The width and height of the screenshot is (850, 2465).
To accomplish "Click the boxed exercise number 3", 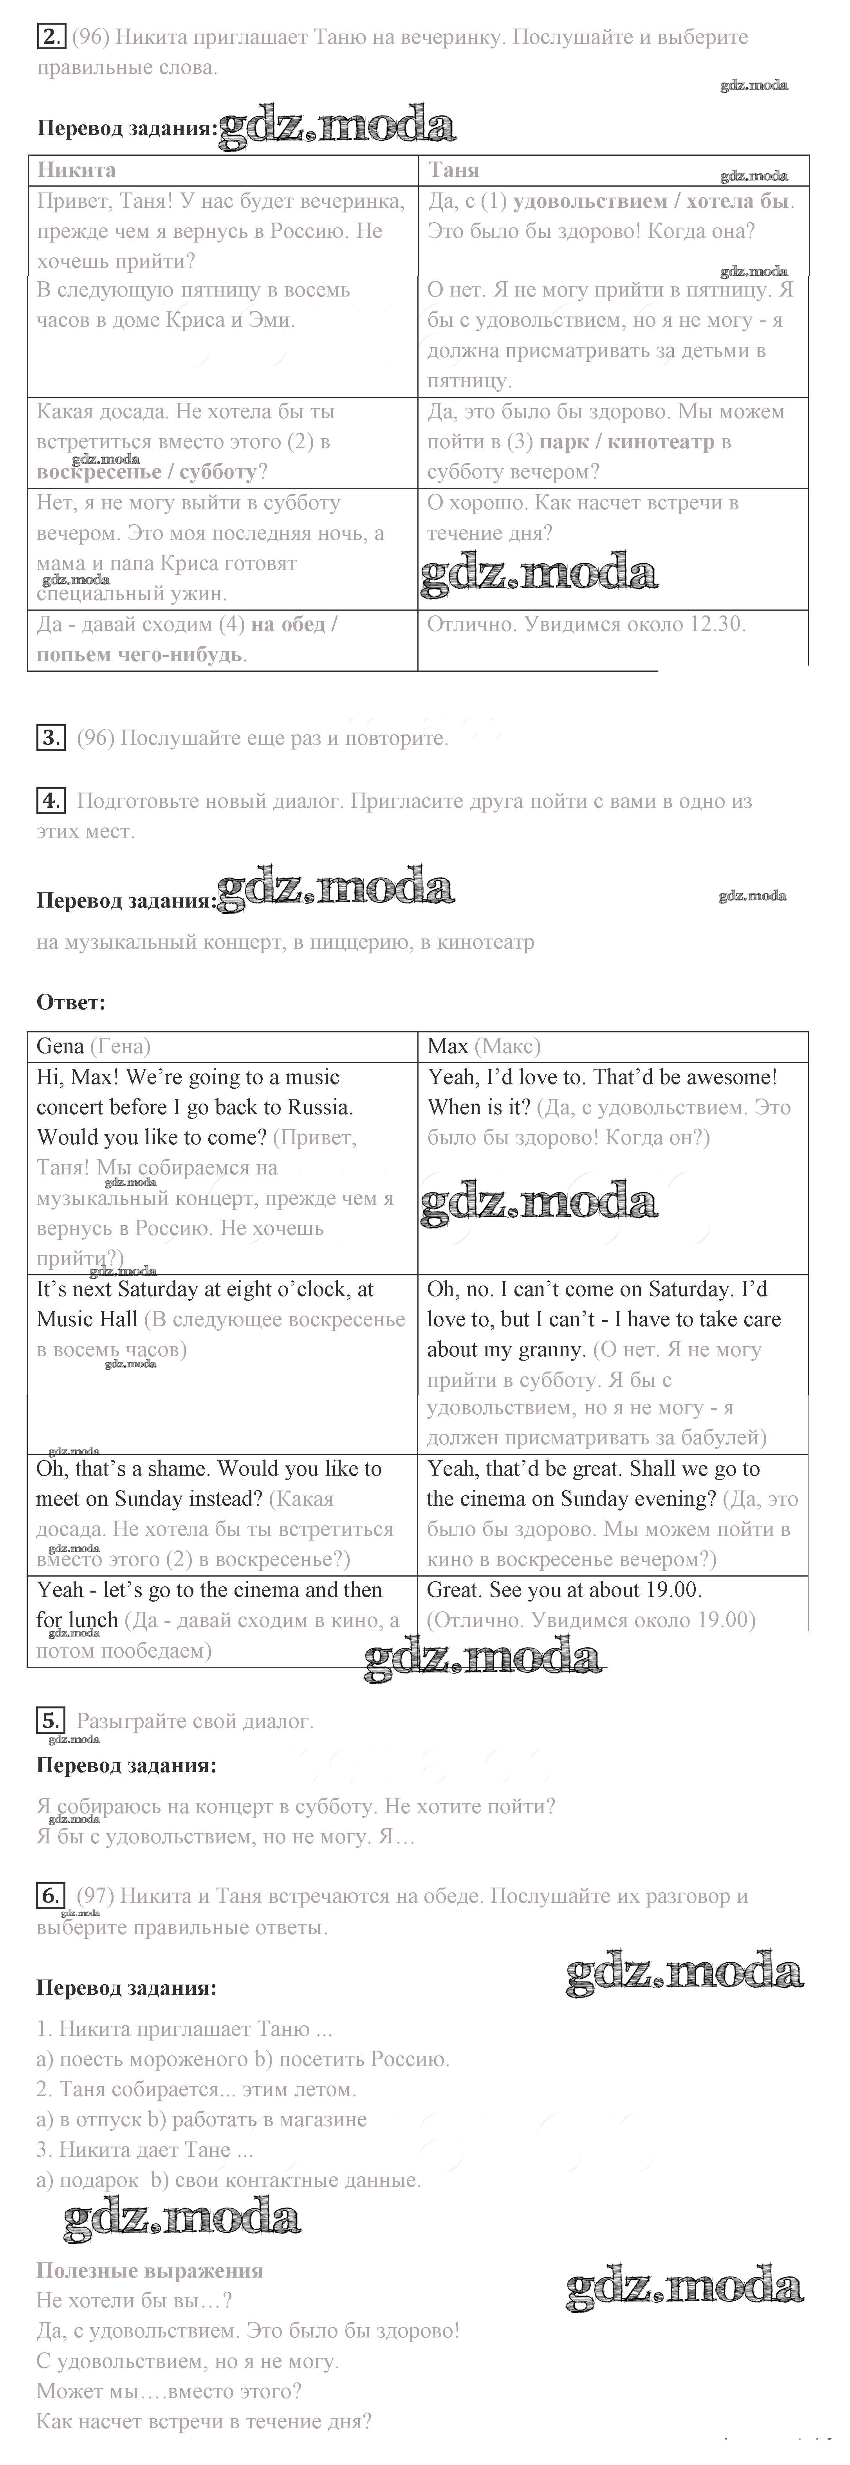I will pyautogui.click(x=50, y=738).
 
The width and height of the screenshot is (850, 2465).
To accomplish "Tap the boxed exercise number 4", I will pyautogui.click(x=50, y=801).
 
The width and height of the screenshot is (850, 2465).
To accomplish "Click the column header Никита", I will pyautogui.click(x=77, y=170).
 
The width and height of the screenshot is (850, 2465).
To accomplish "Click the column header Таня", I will pyautogui.click(x=454, y=170).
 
